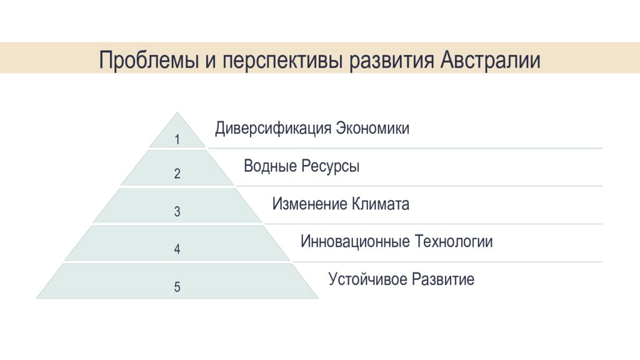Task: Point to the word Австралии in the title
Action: click(x=491, y=60)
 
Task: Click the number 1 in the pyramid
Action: click(x=177, y=140)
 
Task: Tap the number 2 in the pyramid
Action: click(x=177, y=174)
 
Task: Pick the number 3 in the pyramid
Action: click(x=177, y=212)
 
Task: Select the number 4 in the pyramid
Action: click(x=177, y=249)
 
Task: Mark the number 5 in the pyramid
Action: click(x=177, y=287)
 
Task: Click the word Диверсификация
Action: click(x=273, y=129)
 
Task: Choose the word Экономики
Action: click(x=373, y=129)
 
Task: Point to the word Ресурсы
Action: click(x=331, y=167)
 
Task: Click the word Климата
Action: click(x=381, y=204)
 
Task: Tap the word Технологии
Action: click(x=454, y=242)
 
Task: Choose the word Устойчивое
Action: click(x=367, y=279)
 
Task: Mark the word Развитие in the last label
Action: click(x=442, y=279)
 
